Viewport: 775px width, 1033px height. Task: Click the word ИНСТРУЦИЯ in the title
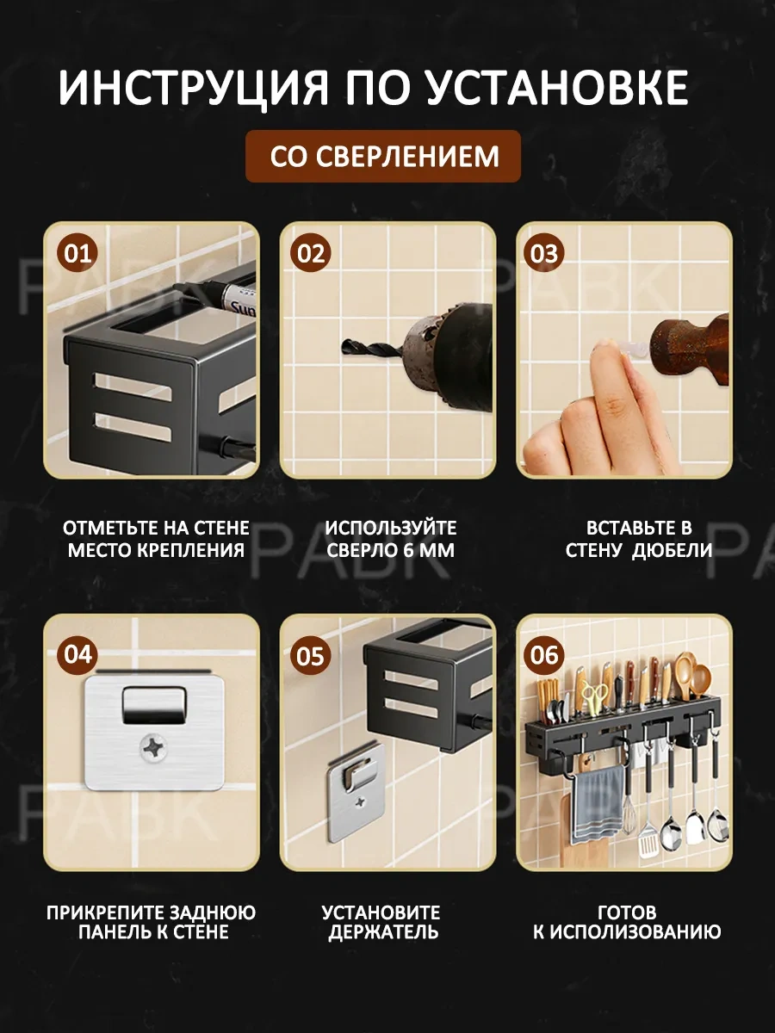click(192, 88)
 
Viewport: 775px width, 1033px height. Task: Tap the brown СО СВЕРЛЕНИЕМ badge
click(383, 157)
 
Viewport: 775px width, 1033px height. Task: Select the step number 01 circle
click(77, 254)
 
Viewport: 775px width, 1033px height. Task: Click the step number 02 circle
click(311, 254)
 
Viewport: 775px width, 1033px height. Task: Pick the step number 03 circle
click(544, 254)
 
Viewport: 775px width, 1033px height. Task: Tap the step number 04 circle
click(77, 655)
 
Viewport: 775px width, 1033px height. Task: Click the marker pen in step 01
click(214, 295)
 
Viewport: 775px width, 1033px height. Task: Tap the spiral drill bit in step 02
click(372, 349)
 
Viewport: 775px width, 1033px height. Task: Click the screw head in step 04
click(155, 748)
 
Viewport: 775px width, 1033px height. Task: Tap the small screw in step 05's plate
click(361, 801)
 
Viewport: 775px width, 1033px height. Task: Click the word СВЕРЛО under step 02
click(361, 550)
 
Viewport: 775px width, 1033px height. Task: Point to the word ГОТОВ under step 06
click(627, 912)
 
